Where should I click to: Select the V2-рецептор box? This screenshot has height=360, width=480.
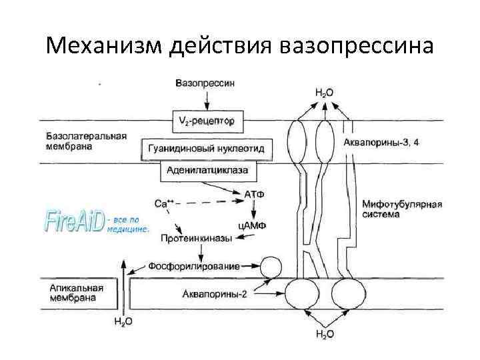pos(207,121)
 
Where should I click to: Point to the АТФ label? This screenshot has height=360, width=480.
pos(254,194)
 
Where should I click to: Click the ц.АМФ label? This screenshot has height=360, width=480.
pos(252,225)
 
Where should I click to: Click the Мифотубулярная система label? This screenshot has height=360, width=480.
pos(398,209)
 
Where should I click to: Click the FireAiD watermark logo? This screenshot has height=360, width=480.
pos(74,221)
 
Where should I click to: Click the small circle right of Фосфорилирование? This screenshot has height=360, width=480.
pos(271,268)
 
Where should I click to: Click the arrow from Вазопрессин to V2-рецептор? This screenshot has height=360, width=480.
pos(207,100)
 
